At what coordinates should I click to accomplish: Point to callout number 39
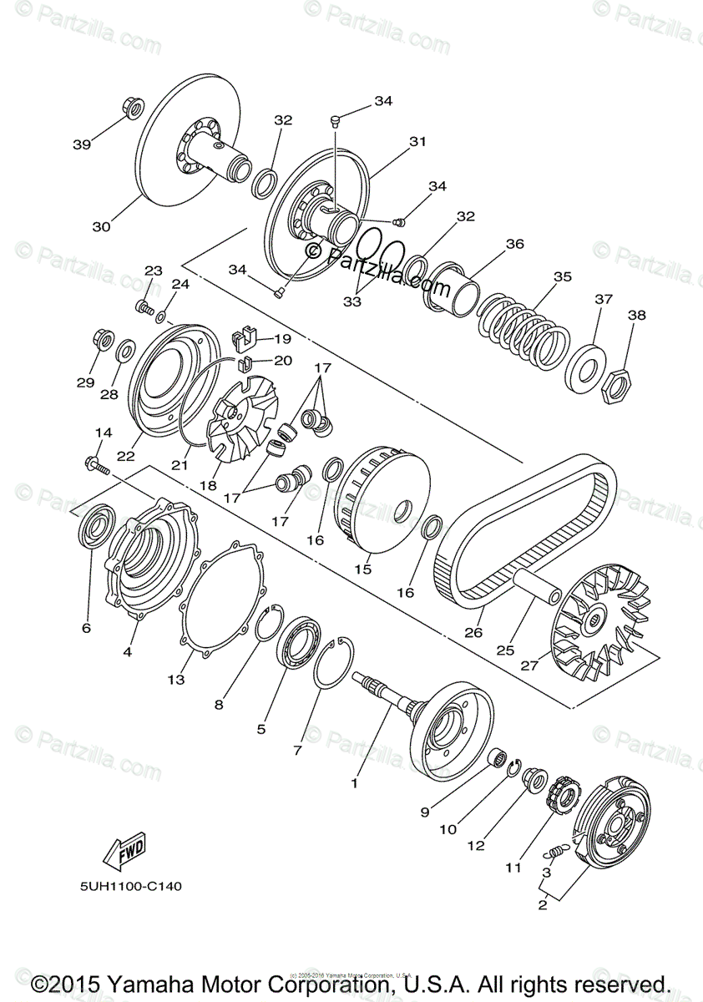coord(82,144)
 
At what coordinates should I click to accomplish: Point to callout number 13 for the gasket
coord(175,680)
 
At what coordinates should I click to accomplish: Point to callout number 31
coord(417,142)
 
